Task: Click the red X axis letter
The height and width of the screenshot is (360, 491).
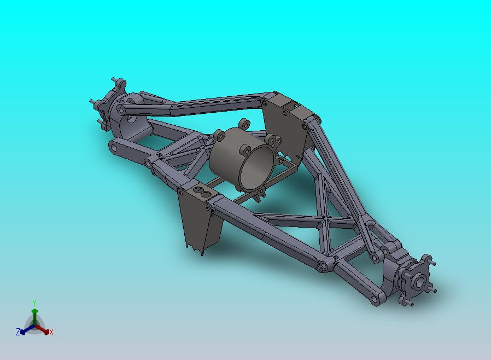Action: point(51,333)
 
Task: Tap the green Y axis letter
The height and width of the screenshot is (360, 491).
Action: point(34,303)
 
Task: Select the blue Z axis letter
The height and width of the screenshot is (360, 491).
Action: point(18,332)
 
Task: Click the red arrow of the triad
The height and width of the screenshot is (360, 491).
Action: point(42,329)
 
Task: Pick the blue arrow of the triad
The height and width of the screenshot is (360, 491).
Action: point(27,329)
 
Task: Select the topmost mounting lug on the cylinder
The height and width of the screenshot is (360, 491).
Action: point(244,124)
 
